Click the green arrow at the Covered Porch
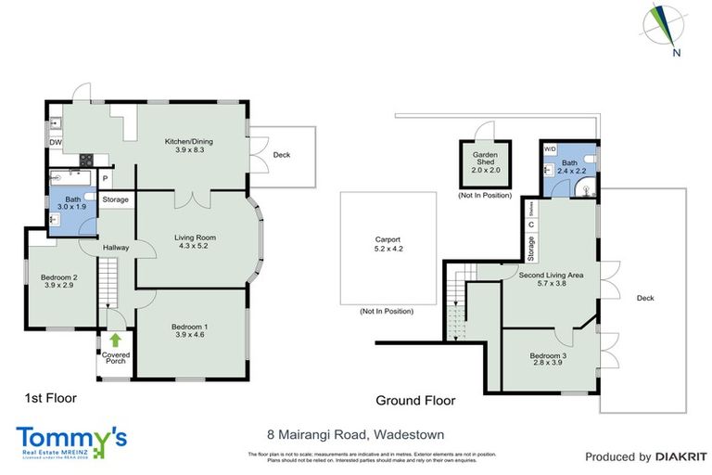click(116, 341)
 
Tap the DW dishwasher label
click(56, 142)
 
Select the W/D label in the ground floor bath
click(549, 148)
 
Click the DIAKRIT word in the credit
click(680, 456)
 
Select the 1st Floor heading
click(50, 398)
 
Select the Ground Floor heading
click(415, 401)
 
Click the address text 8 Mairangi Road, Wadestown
click(356, 433)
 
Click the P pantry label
click(106, 179)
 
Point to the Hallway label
click(116, 247)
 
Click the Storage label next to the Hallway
click(115, 199)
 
